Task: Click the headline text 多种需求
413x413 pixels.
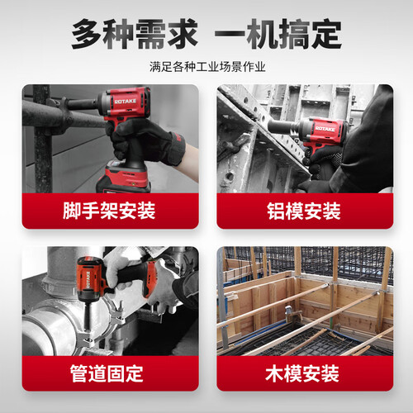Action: pyautogui.click(x=135, y=34)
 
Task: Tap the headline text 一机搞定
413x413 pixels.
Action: pyautogui.click(x=278, y=34)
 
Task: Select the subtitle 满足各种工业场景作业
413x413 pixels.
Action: pyautogui.click(x=207, y=67)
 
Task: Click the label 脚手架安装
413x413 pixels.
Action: pyautogui.click(x=109, y=211)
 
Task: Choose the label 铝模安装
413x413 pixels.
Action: pyautogui.click(x=304, y=211)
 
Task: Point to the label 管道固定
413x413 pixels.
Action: pyautogui.click(x=107, y=373)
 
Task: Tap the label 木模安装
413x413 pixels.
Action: pyautogui.click(x=302, y=373)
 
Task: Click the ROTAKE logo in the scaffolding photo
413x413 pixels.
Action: pyautogui.click(x=126, y=102)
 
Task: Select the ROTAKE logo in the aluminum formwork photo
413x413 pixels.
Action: pyautogui.click(x=325, y=129)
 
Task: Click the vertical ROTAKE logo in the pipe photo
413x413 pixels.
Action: pyautogui.click(x=88, y=279)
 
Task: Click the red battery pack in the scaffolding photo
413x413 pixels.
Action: pyautogui.click(x=123, y=178)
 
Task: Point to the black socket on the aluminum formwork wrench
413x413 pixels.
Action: pyautogui.click(x=282, y=127)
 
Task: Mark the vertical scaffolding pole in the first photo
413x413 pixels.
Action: pyautogui.click(x=42, y=139)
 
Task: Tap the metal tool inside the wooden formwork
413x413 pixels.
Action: pyautogui.click(x=292, y=314)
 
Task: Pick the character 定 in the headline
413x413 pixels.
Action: pyautogui.click(x=327, y=34)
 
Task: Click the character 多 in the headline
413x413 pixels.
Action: pyautogui.click(x=87, y=34)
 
